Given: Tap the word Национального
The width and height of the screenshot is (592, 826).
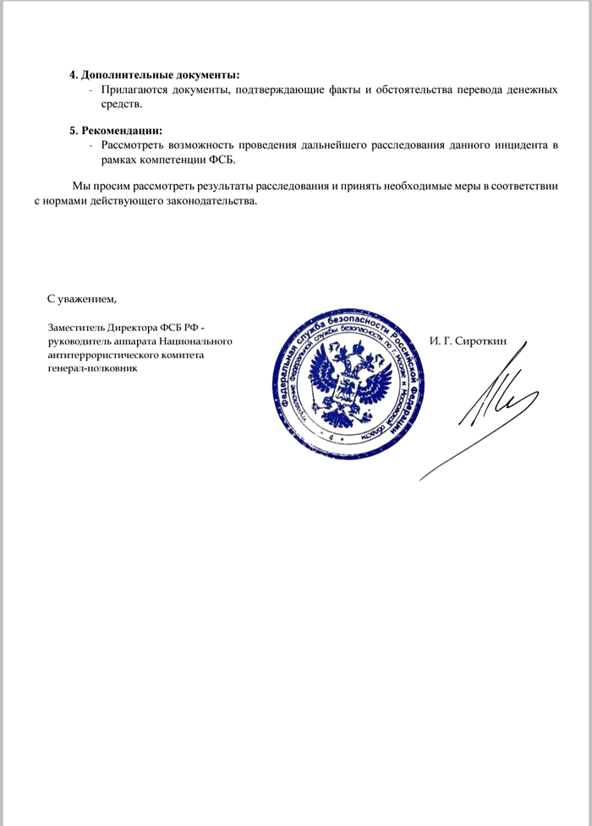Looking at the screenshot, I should click(196, 341).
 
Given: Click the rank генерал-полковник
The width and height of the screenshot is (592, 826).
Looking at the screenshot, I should click(92, 368).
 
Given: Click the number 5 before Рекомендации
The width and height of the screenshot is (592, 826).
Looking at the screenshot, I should click(72, 131).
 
